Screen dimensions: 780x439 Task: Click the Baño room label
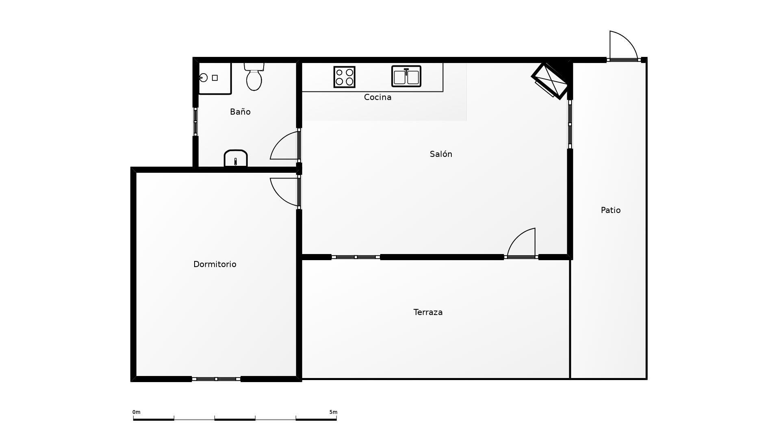(240, 112)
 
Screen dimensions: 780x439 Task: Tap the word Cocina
(377, 97)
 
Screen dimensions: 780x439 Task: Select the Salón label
(441, 154)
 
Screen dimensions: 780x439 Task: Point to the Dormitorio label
(214, 264)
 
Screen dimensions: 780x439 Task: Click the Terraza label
(428, 312)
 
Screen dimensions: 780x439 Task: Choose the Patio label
(611, 210)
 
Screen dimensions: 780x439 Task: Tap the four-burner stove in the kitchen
(344, 77)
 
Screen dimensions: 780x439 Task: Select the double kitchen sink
(406, 76)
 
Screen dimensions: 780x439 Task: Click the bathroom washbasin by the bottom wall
(236, 158)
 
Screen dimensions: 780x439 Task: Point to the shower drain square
(215, 78)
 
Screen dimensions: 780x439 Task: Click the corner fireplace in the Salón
(551, 80)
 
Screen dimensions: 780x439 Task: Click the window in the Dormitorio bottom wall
(216, 379)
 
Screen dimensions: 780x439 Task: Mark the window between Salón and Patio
(570, 124)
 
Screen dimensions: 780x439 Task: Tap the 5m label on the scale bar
(333, 412)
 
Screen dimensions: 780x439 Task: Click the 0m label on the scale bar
(136, 412)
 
